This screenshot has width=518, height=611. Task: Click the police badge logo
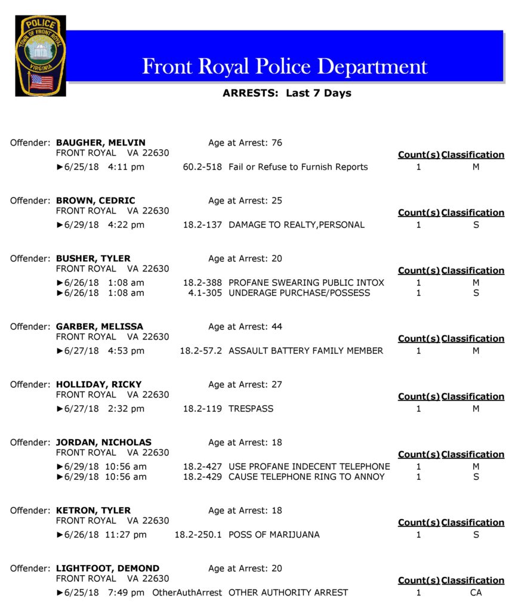point(41,56)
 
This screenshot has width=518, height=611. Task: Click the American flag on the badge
point(41,82)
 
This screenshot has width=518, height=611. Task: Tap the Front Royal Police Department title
point(285,66)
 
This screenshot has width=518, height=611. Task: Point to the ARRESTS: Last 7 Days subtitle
point(286,93)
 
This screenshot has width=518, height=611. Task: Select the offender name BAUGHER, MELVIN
point(100,143)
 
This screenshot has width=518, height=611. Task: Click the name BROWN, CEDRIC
point(95,200)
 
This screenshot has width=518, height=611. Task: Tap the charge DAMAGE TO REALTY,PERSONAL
point(296,225)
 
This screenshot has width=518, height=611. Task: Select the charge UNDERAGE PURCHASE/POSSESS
point(299,293)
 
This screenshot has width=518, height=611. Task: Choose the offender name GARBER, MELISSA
point(100,326)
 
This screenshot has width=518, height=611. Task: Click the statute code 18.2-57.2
point(201,351)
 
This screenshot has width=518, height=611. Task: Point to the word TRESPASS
point(251,409)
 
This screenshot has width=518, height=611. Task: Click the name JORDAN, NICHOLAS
point(103,443)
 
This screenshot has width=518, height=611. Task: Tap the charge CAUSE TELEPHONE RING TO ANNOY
point(306,477)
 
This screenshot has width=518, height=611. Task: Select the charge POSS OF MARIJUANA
point(274,535)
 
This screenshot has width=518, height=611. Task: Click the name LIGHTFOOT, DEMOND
point(107,569)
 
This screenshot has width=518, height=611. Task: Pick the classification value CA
point(476,593)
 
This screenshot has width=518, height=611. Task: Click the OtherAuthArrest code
point(187,593)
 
